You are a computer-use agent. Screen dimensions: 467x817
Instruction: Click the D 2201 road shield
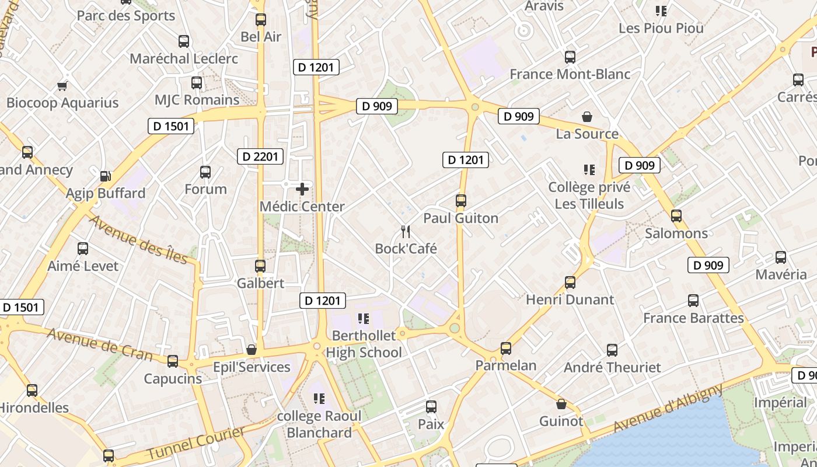(x=260, y=156)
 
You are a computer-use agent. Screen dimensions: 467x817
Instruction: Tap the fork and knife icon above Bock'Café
(x=406, y=232)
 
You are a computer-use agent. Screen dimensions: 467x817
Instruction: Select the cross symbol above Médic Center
(x=302, y=189)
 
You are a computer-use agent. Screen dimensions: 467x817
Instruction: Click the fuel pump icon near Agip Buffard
(x=106, y=176)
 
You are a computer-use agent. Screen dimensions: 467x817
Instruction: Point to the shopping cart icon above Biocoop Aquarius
(x=62, y=86)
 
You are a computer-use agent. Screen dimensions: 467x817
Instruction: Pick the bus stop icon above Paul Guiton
(x=461, y=201)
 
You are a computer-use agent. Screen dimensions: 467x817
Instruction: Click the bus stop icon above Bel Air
(x=261, y=19)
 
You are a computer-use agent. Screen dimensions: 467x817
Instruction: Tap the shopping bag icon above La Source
(x=587, y=117)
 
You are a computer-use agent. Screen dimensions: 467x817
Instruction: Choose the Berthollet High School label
(x=364, y=344)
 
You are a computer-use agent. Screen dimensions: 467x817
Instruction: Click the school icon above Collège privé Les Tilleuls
(x=589, y=170)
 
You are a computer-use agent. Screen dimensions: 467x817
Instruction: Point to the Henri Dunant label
(x=570, y=299)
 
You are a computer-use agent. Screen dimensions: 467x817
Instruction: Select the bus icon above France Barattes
(x=693, y=301)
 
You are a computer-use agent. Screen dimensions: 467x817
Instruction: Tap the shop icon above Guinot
(x=561, y=404)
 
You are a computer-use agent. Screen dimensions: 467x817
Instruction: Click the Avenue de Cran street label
(x=99, y=344)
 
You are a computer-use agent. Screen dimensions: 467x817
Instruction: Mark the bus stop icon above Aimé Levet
(x=83, y=249)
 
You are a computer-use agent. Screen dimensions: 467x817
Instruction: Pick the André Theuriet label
(x=612, y=367)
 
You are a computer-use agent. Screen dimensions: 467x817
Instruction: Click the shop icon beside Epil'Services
(x=252, y=350)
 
